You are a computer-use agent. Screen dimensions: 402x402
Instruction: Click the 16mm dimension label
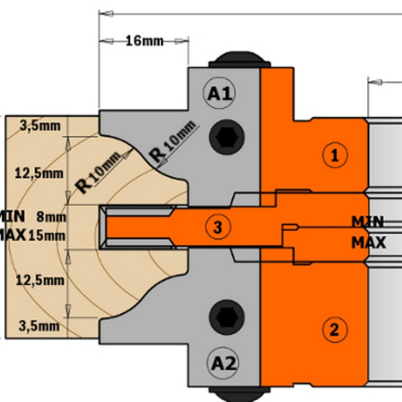coord(145,41)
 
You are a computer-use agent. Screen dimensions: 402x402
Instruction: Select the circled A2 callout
coord(223,363)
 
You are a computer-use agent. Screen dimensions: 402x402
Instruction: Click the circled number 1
coord(335,155)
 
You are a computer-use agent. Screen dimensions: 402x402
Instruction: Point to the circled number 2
coord(335,330)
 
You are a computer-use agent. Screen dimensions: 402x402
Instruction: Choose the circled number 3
coord(218,227)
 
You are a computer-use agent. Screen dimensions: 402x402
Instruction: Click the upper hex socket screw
coord(227,137)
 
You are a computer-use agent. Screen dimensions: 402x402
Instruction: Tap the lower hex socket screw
coord(227,317)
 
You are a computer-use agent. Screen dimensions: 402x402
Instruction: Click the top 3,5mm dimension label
coord(40,126)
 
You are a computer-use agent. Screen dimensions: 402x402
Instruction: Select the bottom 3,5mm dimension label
coord(39,326)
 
